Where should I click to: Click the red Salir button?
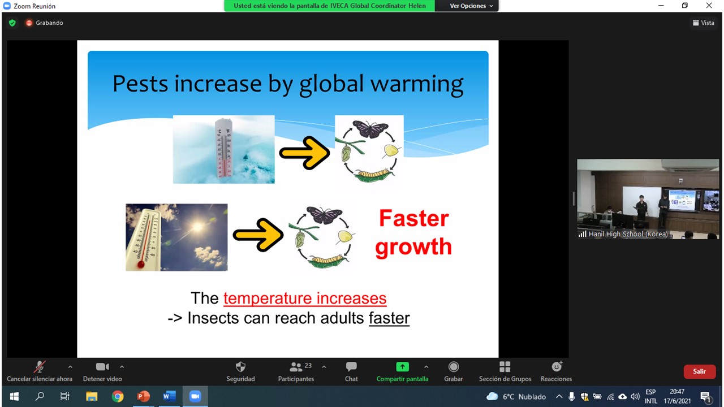point(700,371)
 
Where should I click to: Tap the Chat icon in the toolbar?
point(351,367)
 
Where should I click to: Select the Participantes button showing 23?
point(296,371)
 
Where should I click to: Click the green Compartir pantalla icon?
point(402,367)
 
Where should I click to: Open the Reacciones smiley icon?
point(557,367)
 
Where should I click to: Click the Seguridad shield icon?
point(240,367)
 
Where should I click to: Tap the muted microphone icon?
point(40,367)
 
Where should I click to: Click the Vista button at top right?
point(704,23)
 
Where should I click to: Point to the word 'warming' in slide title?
point(417,85)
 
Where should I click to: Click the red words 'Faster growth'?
point(413,232)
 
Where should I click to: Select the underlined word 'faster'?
point(389,318)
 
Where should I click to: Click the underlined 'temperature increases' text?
point(305,298)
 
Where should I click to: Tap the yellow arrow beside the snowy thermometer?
point(304,153)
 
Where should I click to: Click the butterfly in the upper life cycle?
point(370,129)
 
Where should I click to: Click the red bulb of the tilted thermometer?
point(141,265)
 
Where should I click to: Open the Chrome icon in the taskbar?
point(118,396)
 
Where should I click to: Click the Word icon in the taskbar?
point(169,396)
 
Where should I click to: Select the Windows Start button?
point(14,396)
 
